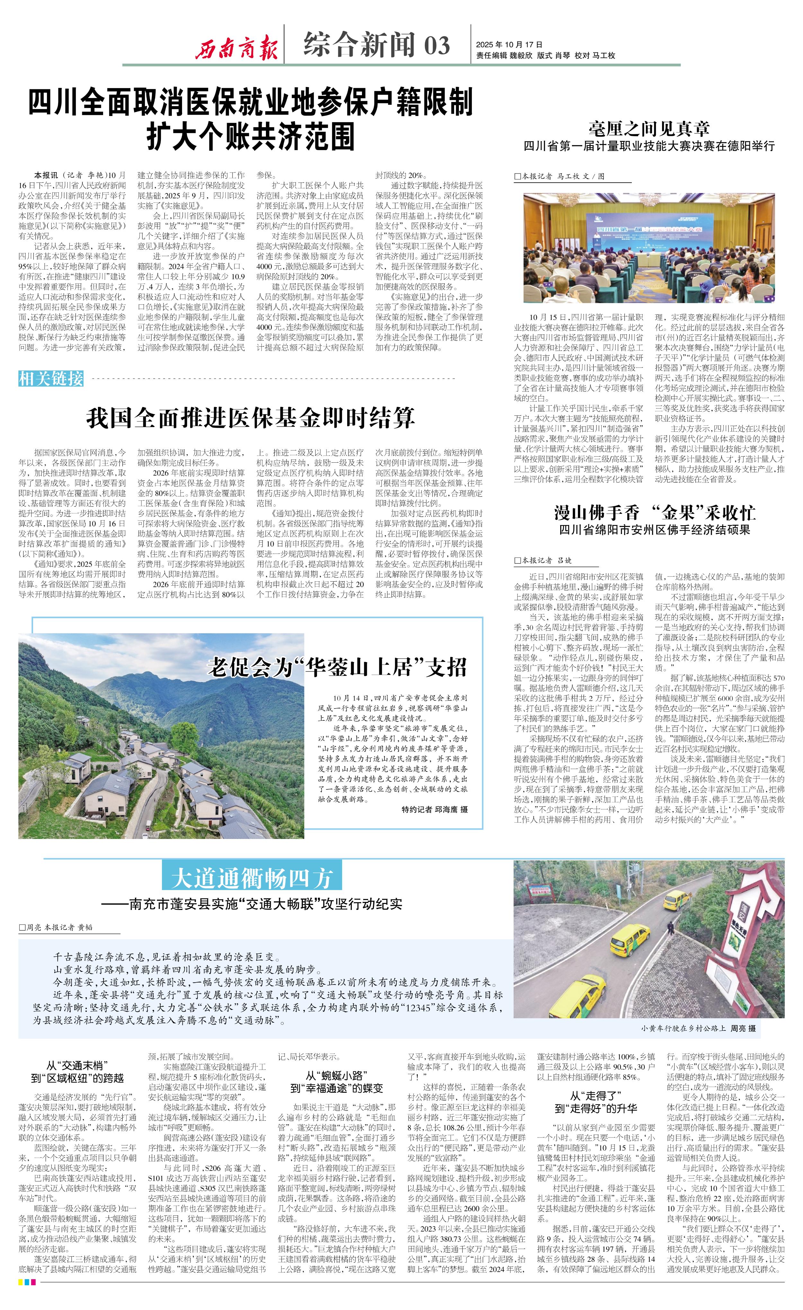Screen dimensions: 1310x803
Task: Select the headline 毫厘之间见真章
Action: [649, 128]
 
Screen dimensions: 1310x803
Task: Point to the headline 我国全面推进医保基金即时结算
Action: [250, 418]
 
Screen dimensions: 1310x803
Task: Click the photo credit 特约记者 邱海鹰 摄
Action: [435, 809]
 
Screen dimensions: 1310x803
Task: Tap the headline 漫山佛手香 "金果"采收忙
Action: [655, 512]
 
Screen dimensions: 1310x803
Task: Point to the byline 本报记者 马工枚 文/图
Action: [563, 176]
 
